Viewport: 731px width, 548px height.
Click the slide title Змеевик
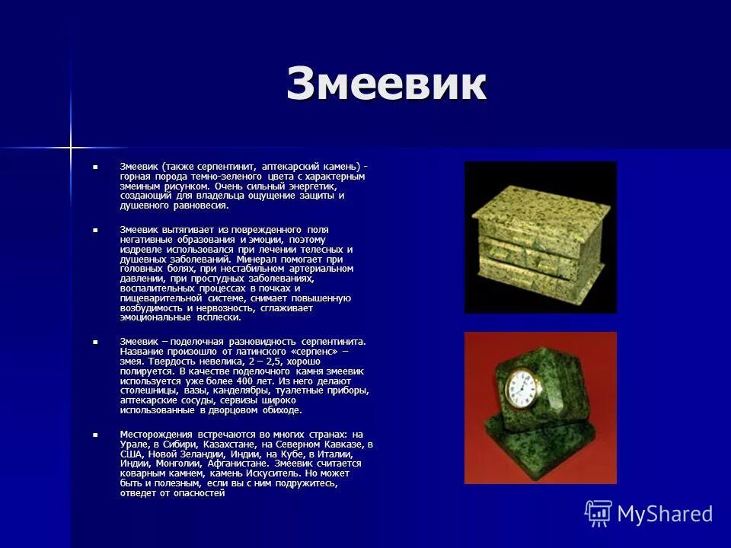point(386,84)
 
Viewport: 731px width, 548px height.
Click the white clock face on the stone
point(522,388)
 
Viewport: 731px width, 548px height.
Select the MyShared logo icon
point(598,514)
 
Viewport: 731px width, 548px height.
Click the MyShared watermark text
point(665,514)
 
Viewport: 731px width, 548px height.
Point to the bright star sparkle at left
point(71,145)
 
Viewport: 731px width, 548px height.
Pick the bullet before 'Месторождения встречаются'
point(96,435)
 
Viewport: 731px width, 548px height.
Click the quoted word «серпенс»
point(310,352)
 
